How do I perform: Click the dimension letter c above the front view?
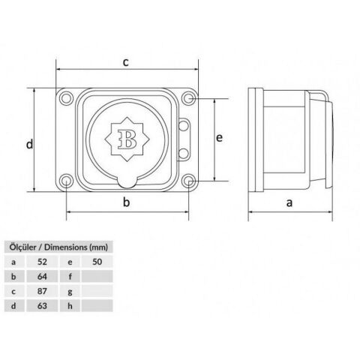[x=126, y=62]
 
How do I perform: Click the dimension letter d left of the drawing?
[x=29, y=144]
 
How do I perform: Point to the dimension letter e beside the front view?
[x=219, y=138]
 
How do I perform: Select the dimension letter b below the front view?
[x=127, y=202]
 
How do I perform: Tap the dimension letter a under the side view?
[x=289, y=202]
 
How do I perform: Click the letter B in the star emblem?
[x=127, y=139]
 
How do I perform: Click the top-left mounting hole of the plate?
[x=66, y=97]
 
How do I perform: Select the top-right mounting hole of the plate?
[x=188, y=98]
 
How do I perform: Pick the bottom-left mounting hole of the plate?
[x=66, y=181]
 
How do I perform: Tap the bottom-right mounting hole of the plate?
[x=188, y=181]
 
